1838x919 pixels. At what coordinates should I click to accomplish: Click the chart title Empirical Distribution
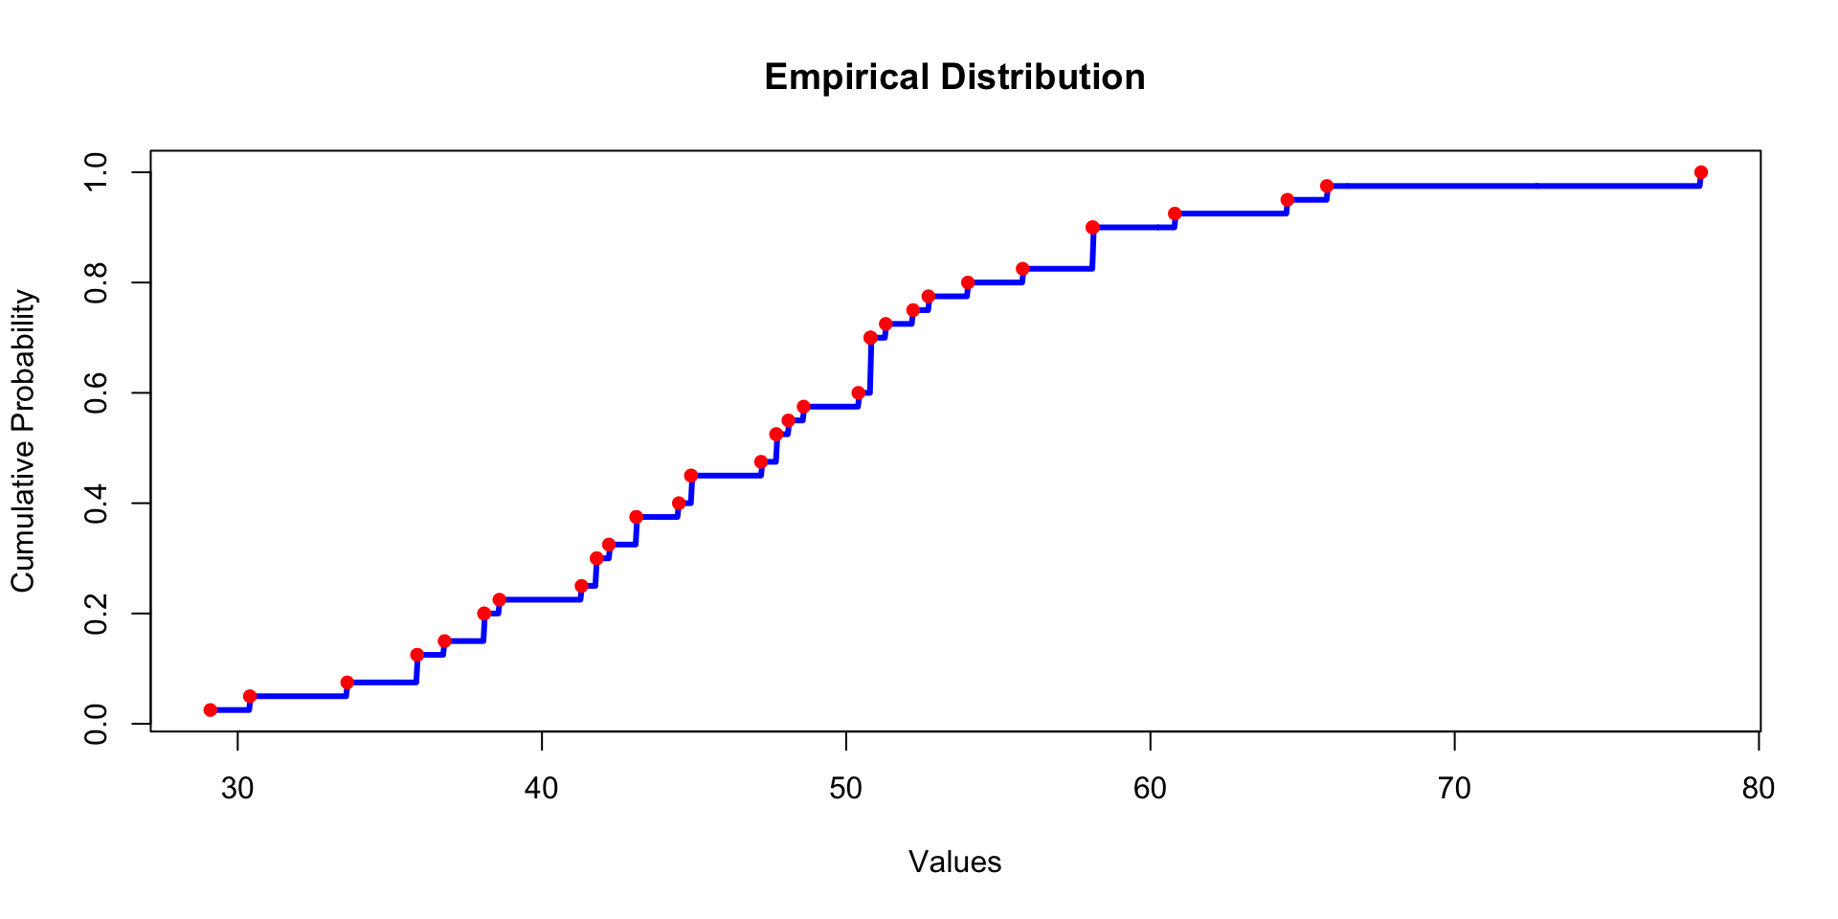point(954,78)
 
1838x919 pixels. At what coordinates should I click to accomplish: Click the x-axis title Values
point(954,863)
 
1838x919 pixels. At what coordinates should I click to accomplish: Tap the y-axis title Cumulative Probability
point(23,441)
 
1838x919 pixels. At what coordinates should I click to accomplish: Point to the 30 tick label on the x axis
point(237,789)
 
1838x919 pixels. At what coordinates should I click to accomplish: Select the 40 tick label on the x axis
point(542,789)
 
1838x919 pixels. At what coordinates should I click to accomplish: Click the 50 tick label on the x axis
point(846,789)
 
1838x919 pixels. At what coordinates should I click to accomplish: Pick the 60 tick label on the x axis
point(1150,789)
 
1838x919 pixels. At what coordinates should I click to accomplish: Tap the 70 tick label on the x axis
point(1454,789)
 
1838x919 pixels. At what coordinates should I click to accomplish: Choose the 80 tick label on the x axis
point(1759,789)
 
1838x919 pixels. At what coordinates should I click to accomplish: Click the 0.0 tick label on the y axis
point(96,724)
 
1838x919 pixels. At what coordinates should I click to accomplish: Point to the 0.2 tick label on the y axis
point(96,614)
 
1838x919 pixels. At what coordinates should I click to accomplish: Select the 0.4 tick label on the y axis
point(96,504)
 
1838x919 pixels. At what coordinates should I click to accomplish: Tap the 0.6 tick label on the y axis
point(96,393)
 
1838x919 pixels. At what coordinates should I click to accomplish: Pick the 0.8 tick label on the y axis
point(96,283)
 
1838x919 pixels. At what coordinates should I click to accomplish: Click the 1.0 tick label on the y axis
point(96,172)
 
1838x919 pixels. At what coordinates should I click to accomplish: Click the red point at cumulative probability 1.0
point(1701,172)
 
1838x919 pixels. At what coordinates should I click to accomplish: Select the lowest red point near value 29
point(211,710)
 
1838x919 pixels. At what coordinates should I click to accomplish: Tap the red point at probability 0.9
point(1092,228)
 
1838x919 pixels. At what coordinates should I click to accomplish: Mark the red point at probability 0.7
point(870,338)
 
